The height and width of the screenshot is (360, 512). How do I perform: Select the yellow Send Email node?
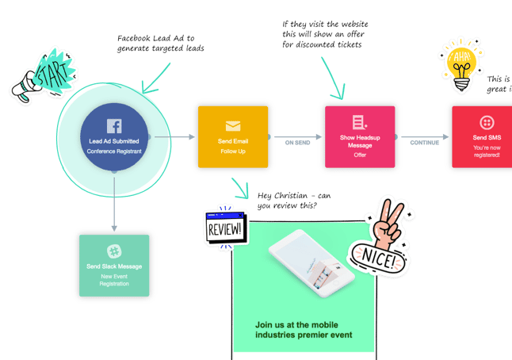tap(233, 137)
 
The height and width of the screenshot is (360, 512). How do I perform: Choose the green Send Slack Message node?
tap(113, 266)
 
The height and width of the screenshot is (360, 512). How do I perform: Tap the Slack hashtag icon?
tap(113, 251)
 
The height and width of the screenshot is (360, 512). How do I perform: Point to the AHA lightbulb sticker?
tap(460, 67)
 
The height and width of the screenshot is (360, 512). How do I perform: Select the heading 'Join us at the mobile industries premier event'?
tap(304, 329)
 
